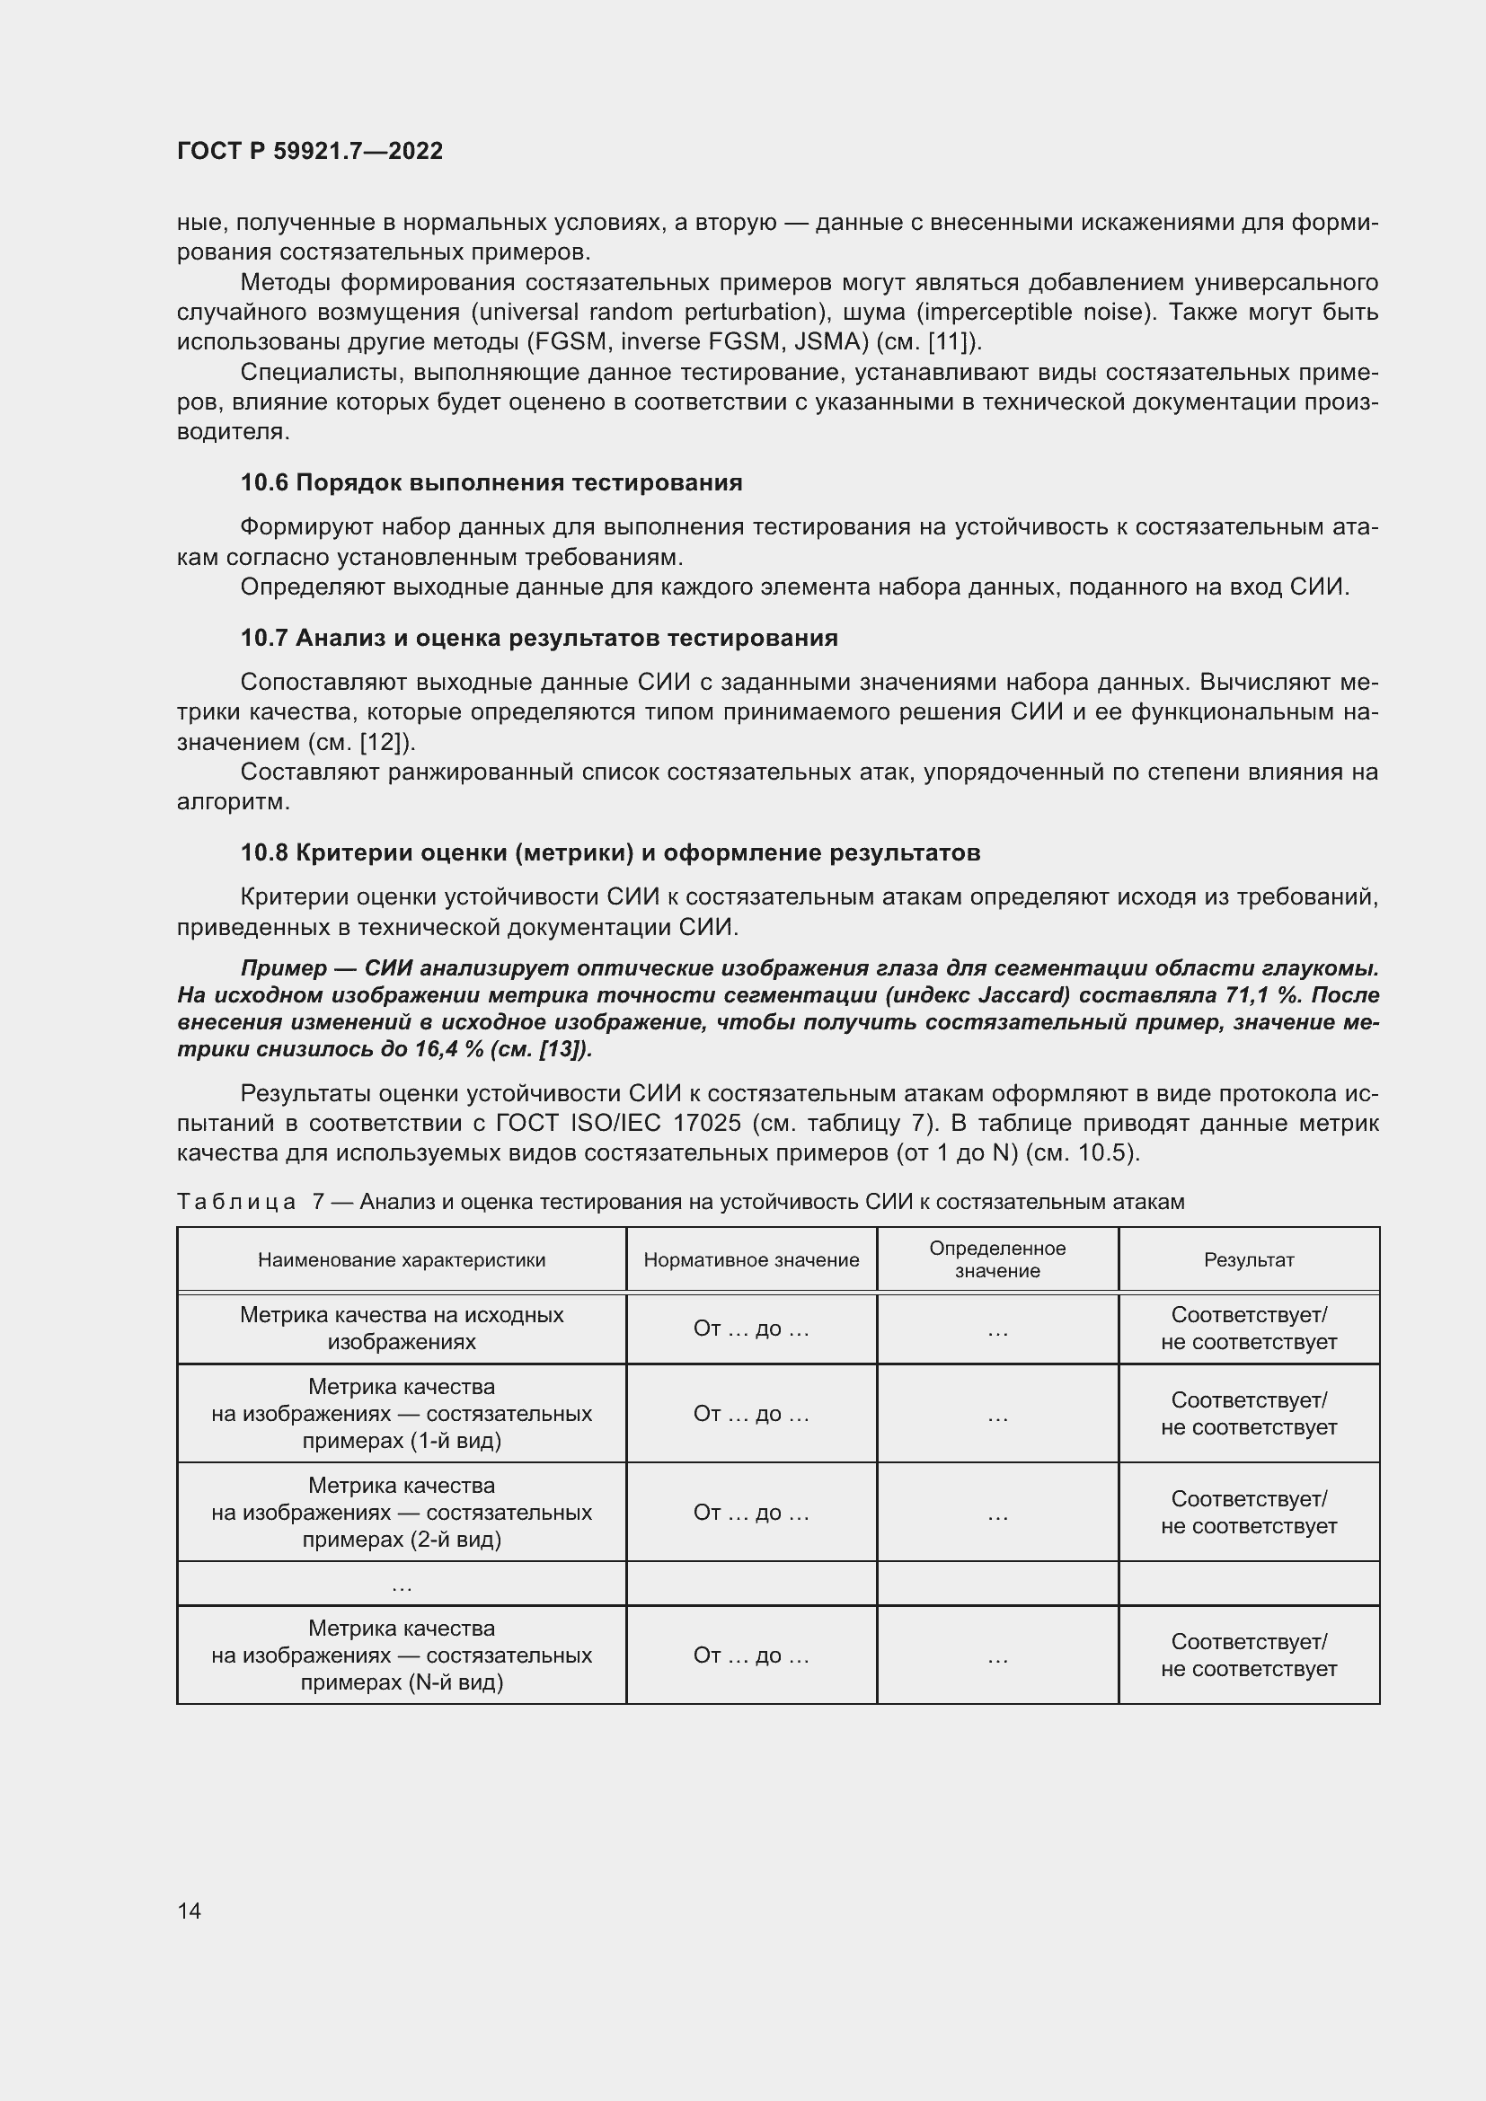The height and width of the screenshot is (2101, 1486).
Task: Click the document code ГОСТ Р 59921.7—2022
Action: [x=309, y=151]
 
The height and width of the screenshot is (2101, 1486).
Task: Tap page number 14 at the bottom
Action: [x=190, y=1911]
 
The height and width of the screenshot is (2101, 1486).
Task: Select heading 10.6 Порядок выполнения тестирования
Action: [x=491, y=482]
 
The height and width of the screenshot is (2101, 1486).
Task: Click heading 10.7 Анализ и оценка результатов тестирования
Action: [x=539, y=638]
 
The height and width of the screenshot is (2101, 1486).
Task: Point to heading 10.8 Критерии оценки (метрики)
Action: [x=610, y=852]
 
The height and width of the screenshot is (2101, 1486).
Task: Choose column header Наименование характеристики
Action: [x=402, y=1260]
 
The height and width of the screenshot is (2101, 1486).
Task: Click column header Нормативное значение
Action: [x=751, y=1260]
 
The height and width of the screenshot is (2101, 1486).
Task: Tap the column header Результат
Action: [x=1248, y=1260]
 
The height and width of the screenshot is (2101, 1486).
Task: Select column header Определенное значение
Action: [x=997, y=1260]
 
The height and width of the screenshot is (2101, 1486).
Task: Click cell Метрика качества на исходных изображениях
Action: [x=402, y=1328]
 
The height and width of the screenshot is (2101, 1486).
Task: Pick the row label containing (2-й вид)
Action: [x=402, y=1513]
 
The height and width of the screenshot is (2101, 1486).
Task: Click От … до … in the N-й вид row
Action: [x=751, y=1655]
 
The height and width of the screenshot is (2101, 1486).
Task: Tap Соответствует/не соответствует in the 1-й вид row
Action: [x=1248, y=1414]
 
